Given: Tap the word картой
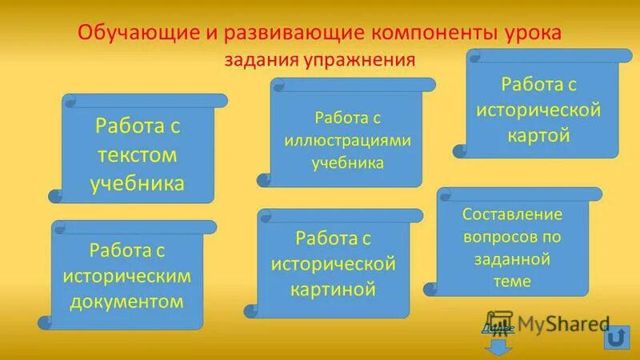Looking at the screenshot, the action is click(538, 134).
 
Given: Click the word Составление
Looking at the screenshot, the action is click(513, 214).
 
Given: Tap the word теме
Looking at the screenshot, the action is click(513, 282).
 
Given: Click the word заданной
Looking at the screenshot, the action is click(513, 259).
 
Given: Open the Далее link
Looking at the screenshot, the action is click(493, 328).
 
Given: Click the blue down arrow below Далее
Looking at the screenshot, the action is click(498, 346).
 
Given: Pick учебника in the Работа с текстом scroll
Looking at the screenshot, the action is click(138, 183).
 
